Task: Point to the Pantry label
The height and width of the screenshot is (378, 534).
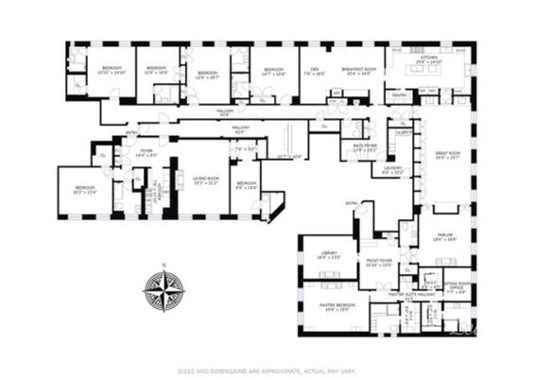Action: (x=400, y=94)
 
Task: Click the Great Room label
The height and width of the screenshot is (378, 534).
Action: (x=447, y=155)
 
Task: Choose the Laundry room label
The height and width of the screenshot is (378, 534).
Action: (x=392, y=169)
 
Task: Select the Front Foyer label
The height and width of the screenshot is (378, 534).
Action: (x=378, y=262)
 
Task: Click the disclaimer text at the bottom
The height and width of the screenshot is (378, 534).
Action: (x=267, y=370)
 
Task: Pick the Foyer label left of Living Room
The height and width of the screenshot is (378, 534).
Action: (x=146, y=152)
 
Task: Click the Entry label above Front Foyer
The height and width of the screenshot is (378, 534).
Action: (x=353, y=203)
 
